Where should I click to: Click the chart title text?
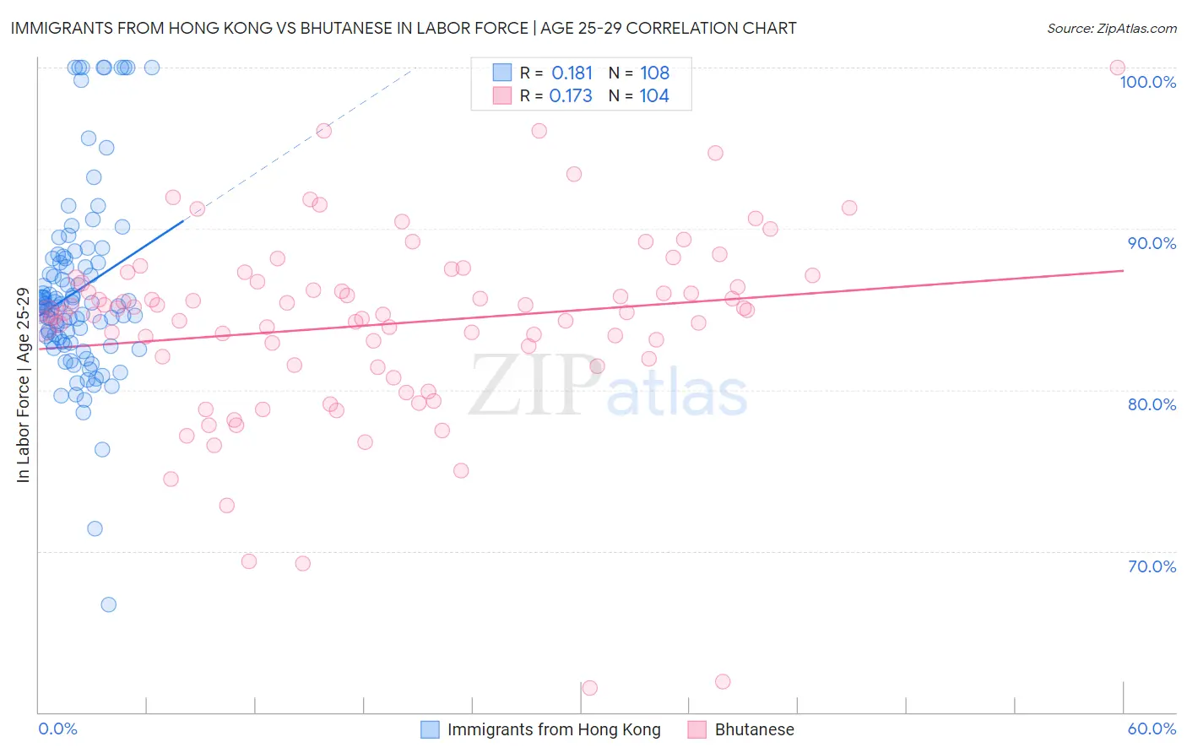[404, 29]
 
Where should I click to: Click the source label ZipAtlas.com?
[1111, 29]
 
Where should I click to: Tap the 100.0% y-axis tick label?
[1147, 82]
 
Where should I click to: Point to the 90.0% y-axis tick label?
[1152, 243]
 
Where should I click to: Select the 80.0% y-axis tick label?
[1152, 404]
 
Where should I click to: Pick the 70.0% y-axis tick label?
[1152, 566]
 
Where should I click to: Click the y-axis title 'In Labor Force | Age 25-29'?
[24, 385]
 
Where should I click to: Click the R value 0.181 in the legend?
[572, 73]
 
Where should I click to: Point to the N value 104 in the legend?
[654, 96]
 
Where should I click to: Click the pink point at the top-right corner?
[1117, 68]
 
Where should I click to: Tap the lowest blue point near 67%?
[109, 604]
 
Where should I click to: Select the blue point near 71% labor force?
[95, 528]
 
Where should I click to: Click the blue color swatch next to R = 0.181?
[501, 73]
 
